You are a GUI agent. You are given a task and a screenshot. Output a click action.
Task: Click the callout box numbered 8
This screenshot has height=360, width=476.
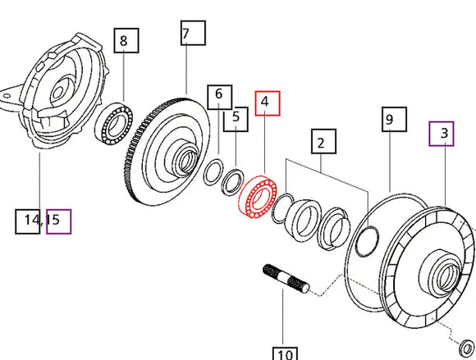coord(123,40)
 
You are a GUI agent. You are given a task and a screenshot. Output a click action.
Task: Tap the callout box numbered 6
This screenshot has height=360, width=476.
coord(218,94)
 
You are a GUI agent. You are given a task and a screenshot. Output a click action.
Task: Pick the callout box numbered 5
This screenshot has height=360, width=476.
coord(236,116)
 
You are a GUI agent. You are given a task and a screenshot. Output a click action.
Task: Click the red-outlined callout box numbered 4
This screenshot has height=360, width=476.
coord(267,103)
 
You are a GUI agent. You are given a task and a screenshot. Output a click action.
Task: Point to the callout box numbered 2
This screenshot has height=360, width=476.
coord(322,143)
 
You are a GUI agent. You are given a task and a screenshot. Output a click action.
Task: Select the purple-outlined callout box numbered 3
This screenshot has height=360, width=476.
coord(442,133)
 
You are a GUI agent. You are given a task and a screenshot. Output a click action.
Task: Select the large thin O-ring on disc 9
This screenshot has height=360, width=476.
coord(367,240)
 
